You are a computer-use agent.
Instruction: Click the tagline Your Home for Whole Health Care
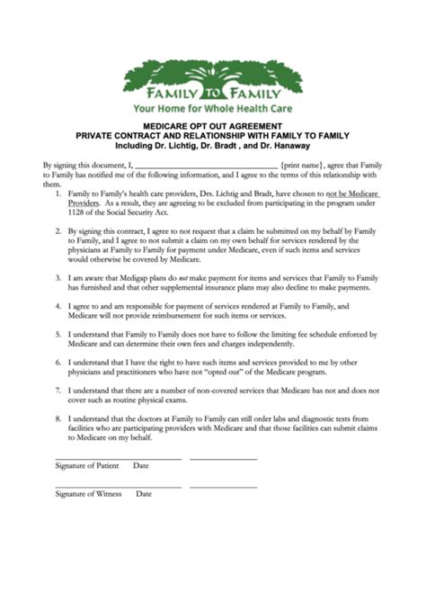coord(213,104)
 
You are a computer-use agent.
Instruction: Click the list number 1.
coord(58,193)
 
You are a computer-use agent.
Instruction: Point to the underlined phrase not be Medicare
coord(354,193)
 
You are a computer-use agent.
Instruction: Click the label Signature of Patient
coord(88,466)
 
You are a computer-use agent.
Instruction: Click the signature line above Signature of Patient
coord(117,458)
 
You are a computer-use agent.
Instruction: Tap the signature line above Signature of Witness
coord(117,486)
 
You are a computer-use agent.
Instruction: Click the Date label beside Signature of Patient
coord(141,466)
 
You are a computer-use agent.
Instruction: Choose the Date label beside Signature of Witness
coord(144,494)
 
